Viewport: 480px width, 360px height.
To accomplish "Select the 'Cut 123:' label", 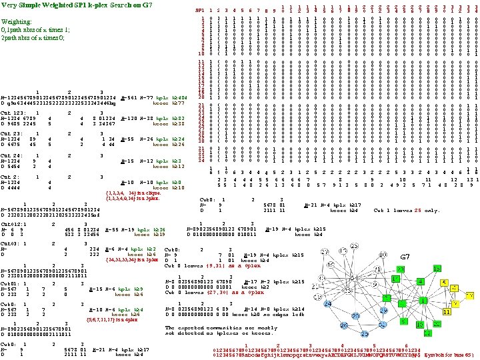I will point(13,113).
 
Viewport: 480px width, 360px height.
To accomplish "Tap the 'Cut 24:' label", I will point(12,155).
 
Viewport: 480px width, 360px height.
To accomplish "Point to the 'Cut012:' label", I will point(12,225).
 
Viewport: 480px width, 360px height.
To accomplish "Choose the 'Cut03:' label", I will point(11,245).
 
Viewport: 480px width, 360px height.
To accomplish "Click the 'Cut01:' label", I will point(11,283).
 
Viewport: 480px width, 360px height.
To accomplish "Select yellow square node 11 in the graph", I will point(447,311).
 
